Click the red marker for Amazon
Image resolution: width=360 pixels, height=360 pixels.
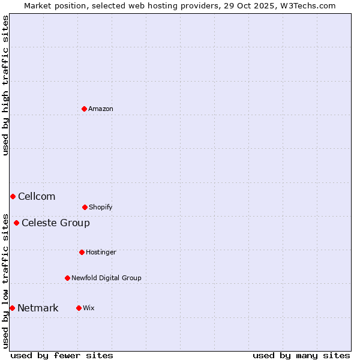pyautogui.click(x=84, y=109)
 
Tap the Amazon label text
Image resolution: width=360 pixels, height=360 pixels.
pyautogui.click(x=101, y=109)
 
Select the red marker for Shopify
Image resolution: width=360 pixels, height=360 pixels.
pyautogui.click(x=85, y=207)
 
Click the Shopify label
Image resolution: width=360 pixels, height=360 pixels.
pyautogui.click(x=101, y=208)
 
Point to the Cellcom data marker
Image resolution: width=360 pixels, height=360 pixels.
pyautogui.click(x=13, y=196)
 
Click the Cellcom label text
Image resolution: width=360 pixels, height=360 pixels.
pyautogui.click(x=37, y=197)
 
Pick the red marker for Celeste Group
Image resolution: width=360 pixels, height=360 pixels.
pyautogui.click(x=16, y=223)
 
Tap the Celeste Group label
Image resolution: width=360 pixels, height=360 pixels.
pyautogui.click(x=56, y=223)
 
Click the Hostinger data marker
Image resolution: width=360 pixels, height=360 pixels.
pyautogui.click(x=82, y=252)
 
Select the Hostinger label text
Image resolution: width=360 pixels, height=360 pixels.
pyautogui.click(x=101, y=253)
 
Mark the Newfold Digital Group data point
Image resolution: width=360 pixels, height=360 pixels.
pyautogui.click(x=67, y=278)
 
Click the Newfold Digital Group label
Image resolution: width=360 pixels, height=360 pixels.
pyautogui.click(x=106, y=278)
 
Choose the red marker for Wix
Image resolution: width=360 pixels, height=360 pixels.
pyautogui.click(x=79, y=308)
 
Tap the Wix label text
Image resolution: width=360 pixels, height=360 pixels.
pyautogui.click(x=89, y=308)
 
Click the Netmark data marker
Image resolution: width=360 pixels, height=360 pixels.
pyautogui.click(x=12, y=308)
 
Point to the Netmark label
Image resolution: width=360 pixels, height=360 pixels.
pyautogui.click(x=38, y=308)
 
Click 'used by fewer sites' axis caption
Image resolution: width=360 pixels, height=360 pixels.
pyautogui.click(x=62, y=355)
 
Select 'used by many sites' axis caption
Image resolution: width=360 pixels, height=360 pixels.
pyautogui.click(x=301, y=355)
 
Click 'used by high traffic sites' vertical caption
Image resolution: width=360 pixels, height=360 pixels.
pyautogui.click(x=5, y=85)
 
